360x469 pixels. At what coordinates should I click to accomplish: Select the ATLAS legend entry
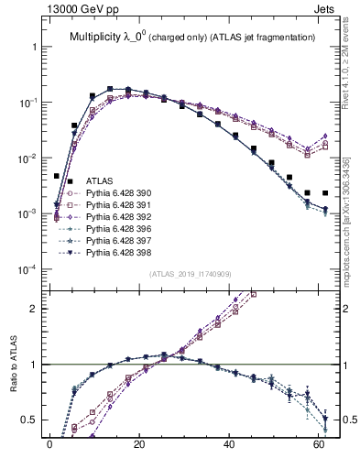click(x=100, y=181)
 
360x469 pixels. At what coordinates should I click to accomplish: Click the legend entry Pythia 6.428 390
click(x=119, y=194)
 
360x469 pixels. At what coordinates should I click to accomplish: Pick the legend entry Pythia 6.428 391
click(x=119, y=208)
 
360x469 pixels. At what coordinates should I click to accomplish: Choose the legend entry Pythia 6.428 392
click(x=119, y=222)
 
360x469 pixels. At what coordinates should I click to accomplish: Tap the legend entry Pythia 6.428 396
click(x=119, y=235)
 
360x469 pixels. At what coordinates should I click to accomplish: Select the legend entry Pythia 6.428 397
click(x=119, y=248)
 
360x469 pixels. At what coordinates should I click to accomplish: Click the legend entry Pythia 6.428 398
click(x=119, y=262)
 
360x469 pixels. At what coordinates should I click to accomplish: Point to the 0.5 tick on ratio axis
click(x=29, y=420)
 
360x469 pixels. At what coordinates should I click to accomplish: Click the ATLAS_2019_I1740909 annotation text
click(x=189, y=274)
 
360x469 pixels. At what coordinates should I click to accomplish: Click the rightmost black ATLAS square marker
click(x=325, y=193)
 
